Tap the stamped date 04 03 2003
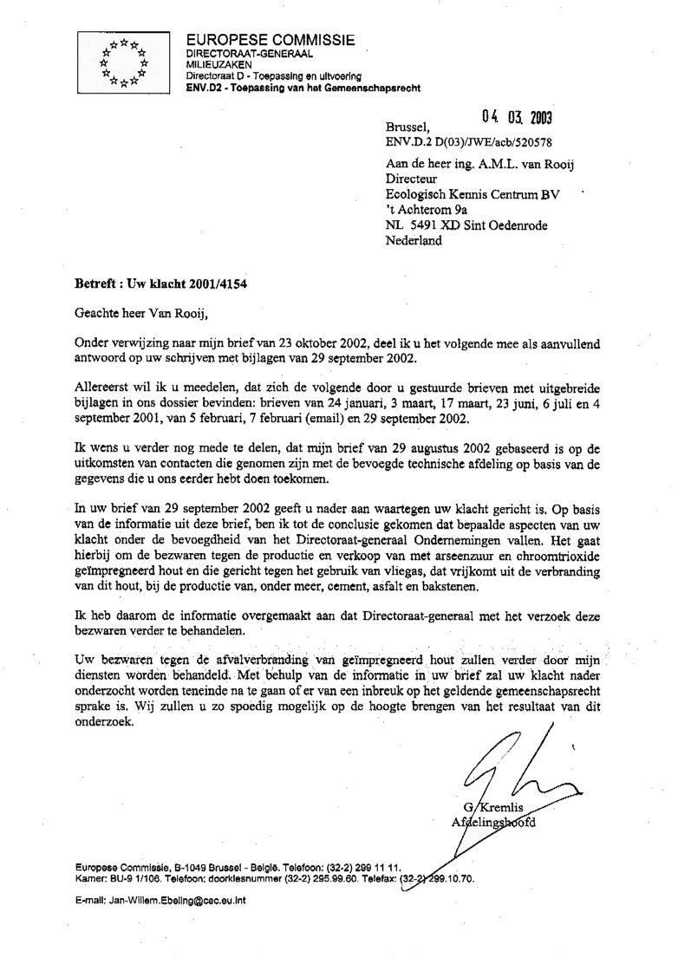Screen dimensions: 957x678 pos(517,118)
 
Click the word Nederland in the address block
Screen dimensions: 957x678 pos(414,242)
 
